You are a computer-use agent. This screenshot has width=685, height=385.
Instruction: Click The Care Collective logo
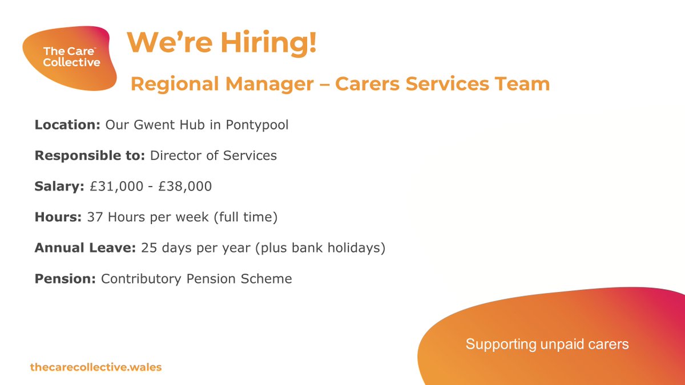[71, 57]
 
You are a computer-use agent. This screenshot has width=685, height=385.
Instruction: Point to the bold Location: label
[68, 124]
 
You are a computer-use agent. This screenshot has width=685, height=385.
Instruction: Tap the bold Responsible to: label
[90, 155]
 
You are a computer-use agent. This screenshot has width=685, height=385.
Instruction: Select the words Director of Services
[213, 155]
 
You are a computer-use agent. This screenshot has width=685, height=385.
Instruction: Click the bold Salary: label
[59, 187]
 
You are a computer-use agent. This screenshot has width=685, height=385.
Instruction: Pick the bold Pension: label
[66, 279]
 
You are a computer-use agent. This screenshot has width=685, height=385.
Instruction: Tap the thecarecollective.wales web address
[96, 367]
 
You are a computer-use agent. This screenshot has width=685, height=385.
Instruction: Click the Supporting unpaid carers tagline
[547, 344]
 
